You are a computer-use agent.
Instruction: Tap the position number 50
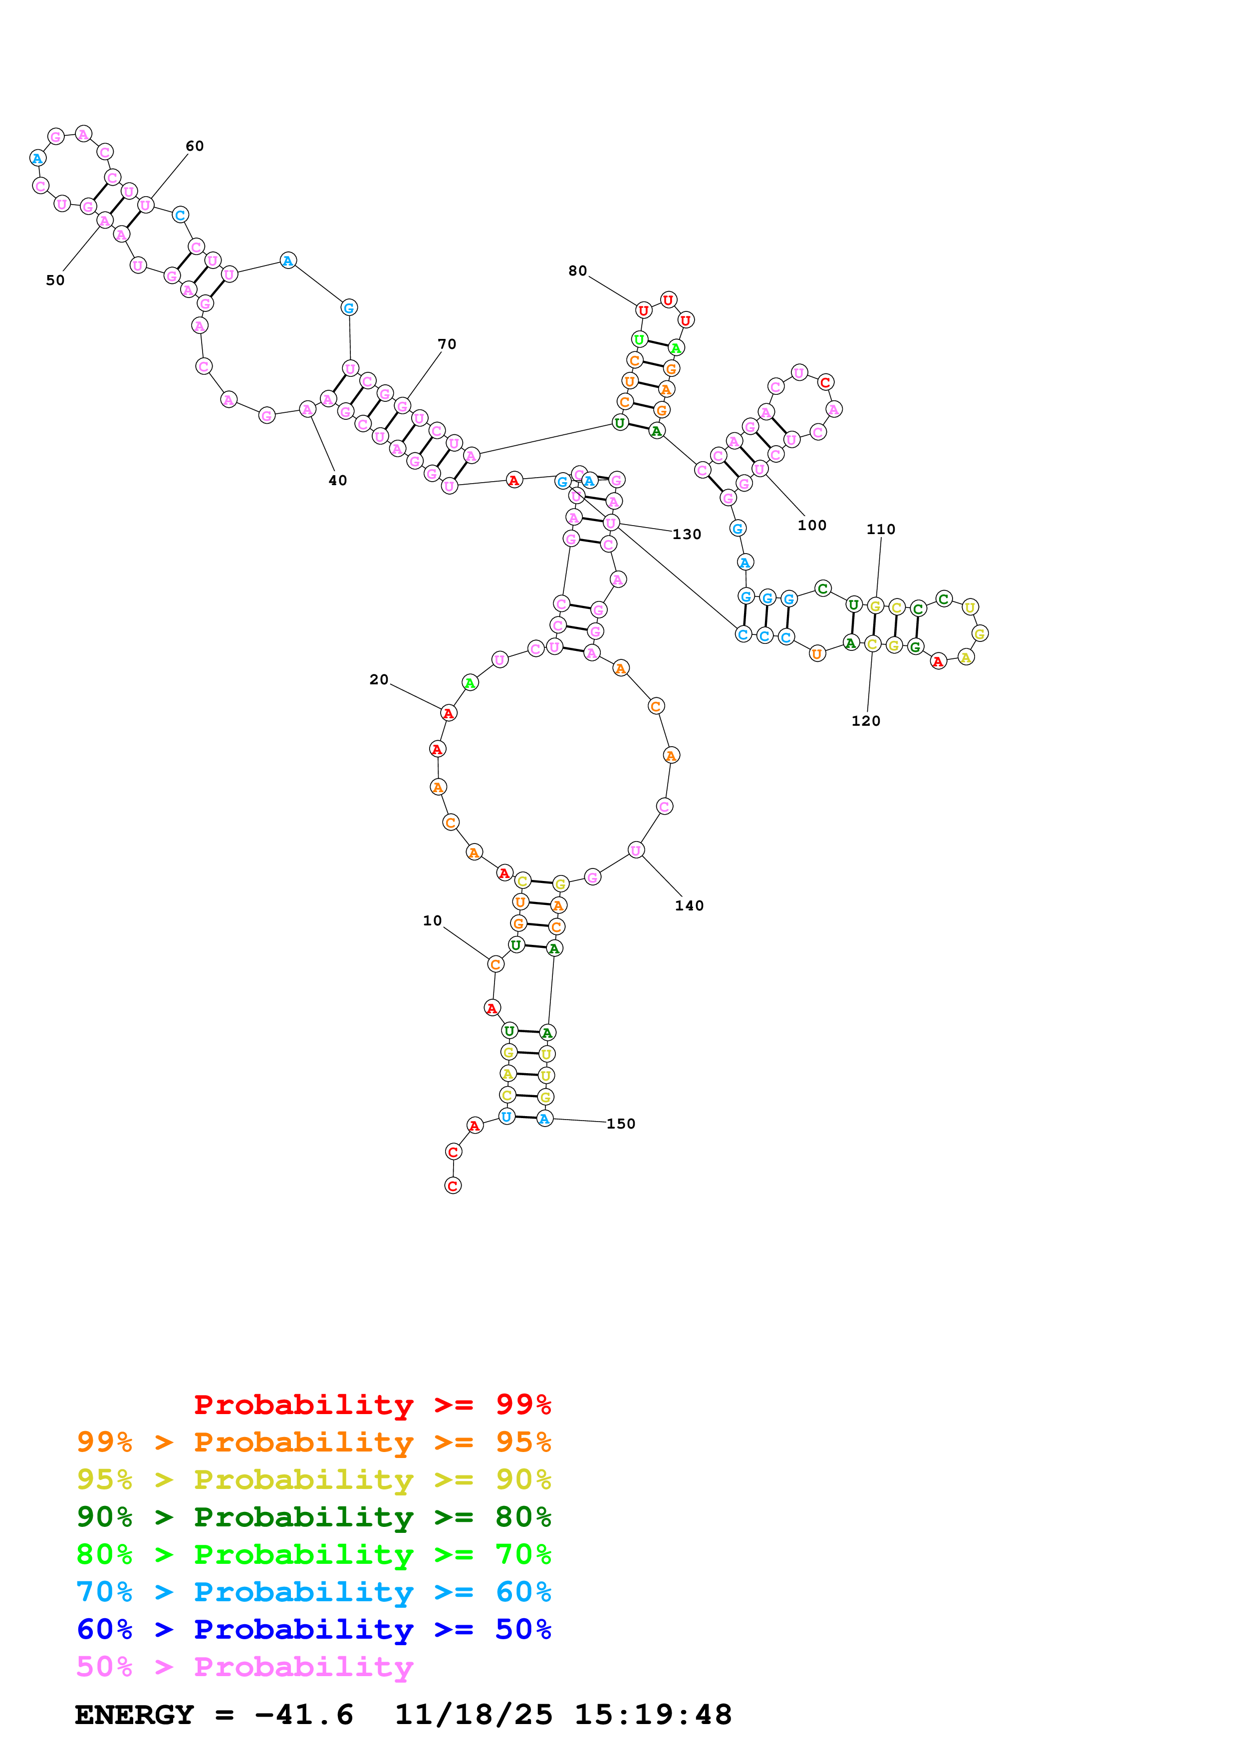[x=55, y=280]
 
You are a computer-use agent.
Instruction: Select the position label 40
[x=338, y=481]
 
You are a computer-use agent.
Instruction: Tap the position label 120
[x=866, y=721]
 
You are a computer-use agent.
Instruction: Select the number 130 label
[x=687, y=534]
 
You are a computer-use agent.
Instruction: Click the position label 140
[x=689, y=905]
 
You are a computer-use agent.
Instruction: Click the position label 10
[x=432, y=920]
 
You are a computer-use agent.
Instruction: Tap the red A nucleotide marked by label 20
[x=449, y=713]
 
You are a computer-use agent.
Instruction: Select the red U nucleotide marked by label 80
[x=644, y=310]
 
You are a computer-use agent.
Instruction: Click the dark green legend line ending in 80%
[x=313, y=1517]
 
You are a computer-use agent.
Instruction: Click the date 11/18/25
[x=474, y=1715]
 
